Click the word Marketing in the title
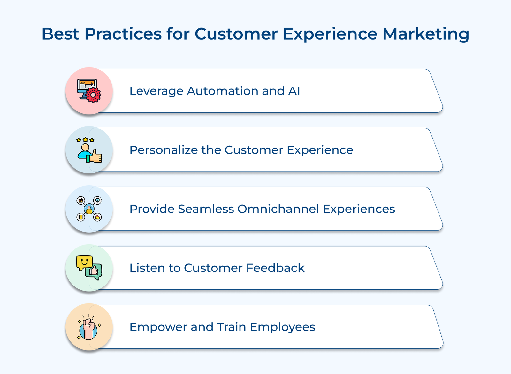coord(426,34)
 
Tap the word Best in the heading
coord(60,34)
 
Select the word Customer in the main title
coord(236,34)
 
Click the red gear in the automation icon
coord(93,95)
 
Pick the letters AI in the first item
coord(294,91)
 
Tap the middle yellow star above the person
coord(85,140)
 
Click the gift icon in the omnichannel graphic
coord(80,201)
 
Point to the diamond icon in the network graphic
coord(98,200)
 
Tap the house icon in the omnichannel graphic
coord(97,217)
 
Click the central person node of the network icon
coord(89,209)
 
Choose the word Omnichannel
coord(278,209)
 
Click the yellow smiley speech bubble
coord(84,263)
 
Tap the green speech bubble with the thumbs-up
coord(94,271)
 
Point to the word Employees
coord(282,327)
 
